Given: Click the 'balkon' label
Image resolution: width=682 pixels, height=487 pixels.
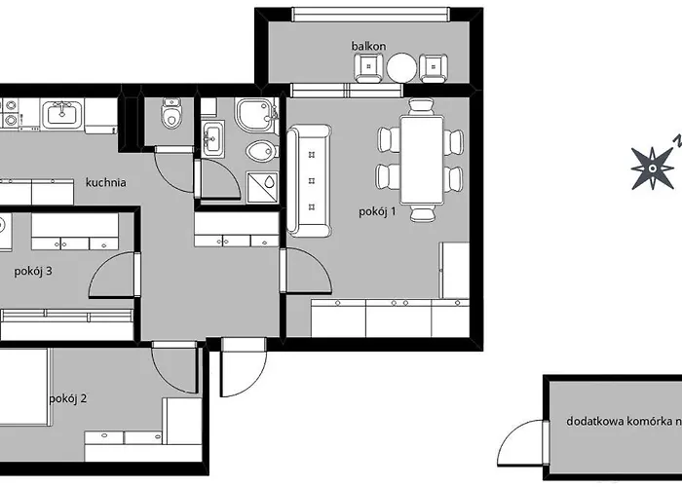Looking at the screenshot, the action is (x=368, y=46).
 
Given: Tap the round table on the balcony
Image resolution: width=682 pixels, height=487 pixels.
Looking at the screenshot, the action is (x=401, y=67).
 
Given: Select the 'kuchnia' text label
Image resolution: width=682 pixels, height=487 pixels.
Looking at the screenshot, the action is (x=105, y=182).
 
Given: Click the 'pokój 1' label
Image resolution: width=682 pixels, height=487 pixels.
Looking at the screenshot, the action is (x=377, y=211).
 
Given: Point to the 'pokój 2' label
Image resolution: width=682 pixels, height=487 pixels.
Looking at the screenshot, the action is (x=68, y=398).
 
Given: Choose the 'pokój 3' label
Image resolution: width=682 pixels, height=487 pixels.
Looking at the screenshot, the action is (x=33, y=272).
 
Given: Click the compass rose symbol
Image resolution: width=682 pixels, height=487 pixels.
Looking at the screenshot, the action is (x=652, y=169).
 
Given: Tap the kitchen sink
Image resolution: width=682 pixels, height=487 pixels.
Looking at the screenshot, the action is (x=62, y=114).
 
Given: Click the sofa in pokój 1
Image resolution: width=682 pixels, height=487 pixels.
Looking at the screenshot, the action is (x=309, y=181).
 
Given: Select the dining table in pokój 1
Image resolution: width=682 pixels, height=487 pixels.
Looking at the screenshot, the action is (x=422, y=160).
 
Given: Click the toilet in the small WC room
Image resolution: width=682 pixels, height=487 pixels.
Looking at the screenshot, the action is (x=171, y=114).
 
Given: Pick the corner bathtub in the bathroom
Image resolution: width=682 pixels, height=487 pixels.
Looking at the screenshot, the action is (x=256, y=115).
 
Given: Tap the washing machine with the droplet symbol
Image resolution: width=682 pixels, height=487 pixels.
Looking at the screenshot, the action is (x=262, y=187).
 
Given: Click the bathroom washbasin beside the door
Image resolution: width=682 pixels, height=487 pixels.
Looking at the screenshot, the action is (x=213, y=139).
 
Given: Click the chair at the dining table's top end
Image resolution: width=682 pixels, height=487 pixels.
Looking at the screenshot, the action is (x=422, y=106).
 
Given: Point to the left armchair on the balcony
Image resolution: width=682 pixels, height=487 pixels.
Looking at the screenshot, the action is (x=368, y=67).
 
